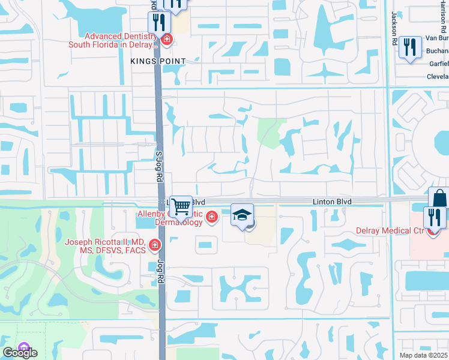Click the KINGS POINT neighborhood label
158,61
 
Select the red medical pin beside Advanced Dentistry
166,40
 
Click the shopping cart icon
180,206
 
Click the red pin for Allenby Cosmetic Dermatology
211,217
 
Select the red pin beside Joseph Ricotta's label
155,245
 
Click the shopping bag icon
439,197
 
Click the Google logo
19,353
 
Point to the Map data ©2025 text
424,355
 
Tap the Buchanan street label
437,51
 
